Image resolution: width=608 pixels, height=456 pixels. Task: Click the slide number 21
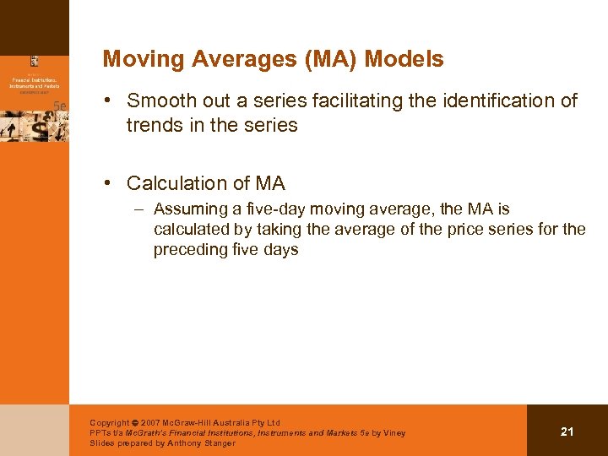coord(567,432)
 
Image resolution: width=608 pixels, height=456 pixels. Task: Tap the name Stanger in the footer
coord(217,442)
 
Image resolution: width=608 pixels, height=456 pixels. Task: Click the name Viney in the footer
coord(394,433)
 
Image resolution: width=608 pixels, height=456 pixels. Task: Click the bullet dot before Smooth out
coord(109,101)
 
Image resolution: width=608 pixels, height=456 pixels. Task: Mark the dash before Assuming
coord(137,209)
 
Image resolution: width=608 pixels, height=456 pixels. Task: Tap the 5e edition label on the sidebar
coord(59,105)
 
